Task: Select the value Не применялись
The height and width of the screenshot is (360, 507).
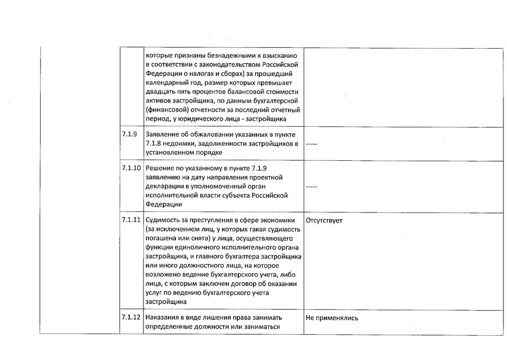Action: point(332,318)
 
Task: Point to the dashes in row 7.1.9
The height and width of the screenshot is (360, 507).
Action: point(311,145)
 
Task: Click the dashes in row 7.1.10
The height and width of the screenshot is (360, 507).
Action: point(311,187)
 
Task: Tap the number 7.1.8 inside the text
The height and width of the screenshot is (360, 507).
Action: point(154,143)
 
